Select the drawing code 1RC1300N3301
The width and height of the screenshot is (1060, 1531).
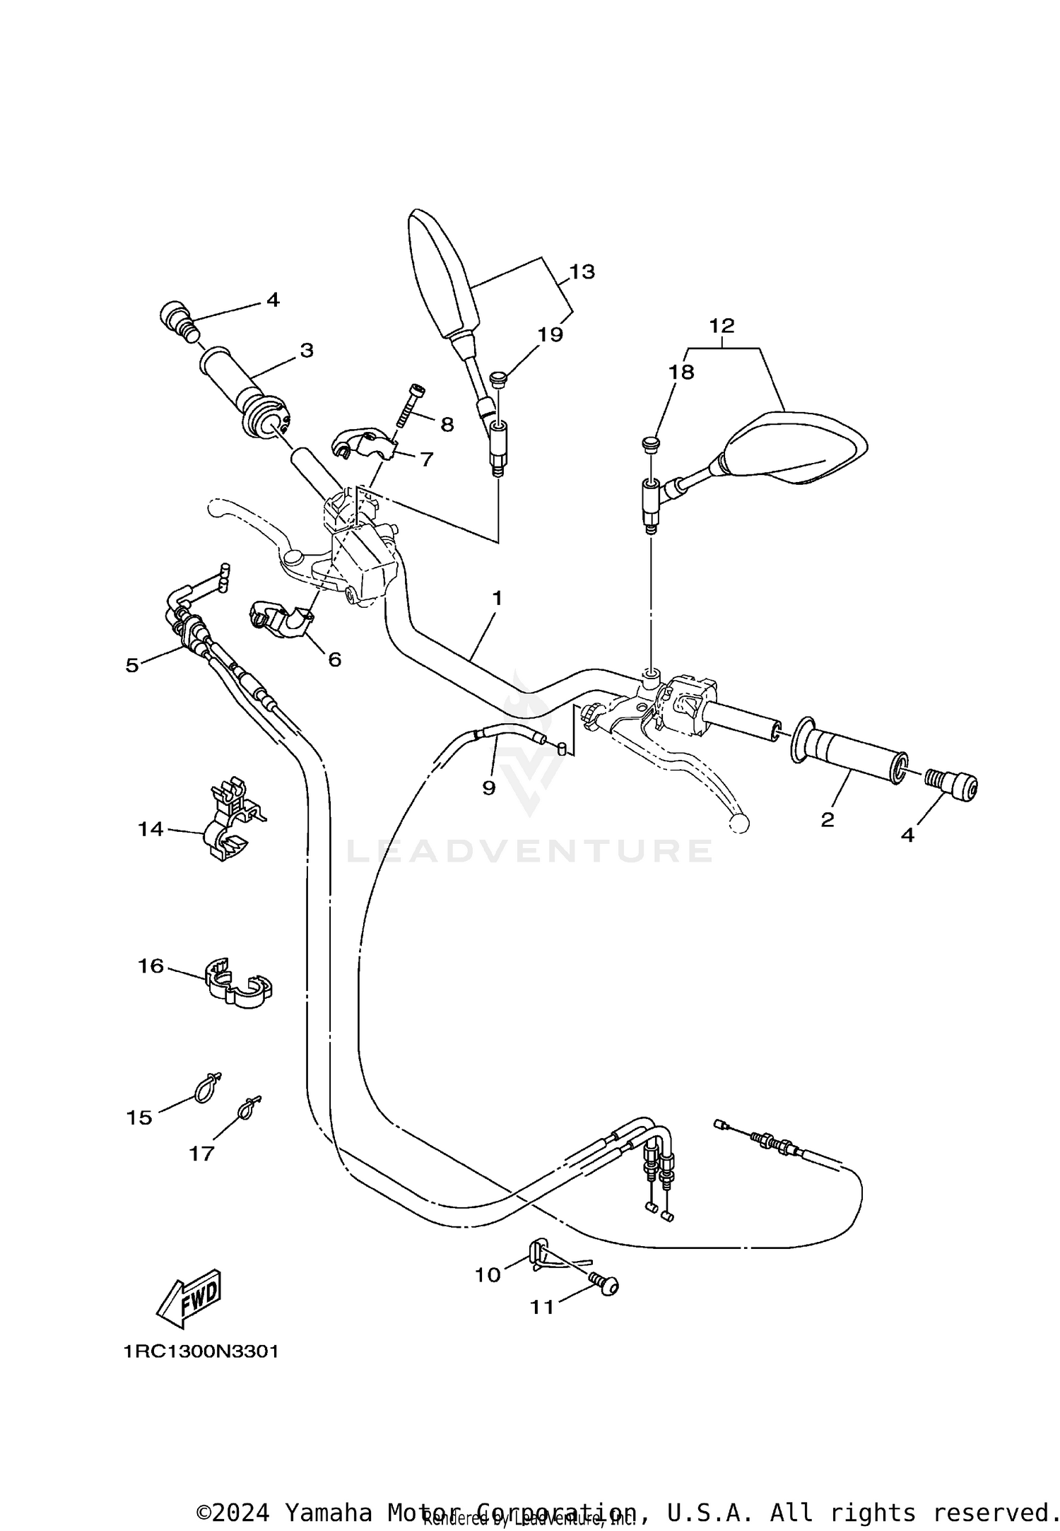(x=201, y=1351)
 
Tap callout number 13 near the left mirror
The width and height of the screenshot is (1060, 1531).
(x=582, y=272)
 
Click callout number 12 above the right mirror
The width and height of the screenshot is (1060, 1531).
(x=722, y=326)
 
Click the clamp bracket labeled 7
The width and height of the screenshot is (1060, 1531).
(x=362, y=443)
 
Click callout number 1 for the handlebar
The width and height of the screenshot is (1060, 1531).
(x=497, y=599)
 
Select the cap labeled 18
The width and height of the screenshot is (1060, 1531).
(x=648, y=443)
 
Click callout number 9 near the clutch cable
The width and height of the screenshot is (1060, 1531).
(x=489, y=787)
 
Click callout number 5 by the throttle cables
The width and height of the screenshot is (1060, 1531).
(x=132, y=665)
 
